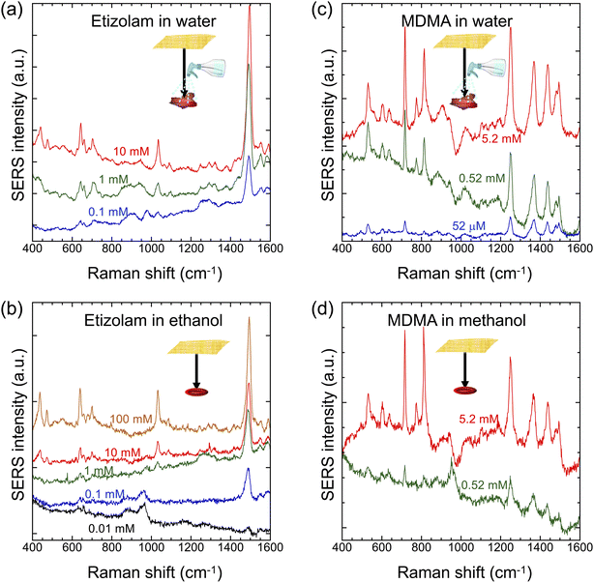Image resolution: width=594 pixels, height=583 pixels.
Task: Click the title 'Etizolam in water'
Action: pyautogui.click(x=154, y=21)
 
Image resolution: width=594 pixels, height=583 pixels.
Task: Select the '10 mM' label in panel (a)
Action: pyautogui.click(x=132, y=152)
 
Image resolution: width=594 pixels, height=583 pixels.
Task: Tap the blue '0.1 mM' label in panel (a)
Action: pyautogui.click(x=108, y=212)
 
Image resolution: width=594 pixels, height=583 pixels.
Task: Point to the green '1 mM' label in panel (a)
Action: pyautogui.click(x=113, y=179)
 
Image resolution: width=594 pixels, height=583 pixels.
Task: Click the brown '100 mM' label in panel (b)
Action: pyautogui.click(x=131, y=419)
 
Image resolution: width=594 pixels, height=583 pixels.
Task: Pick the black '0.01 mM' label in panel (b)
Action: pyautogui.click(x=111, y=528)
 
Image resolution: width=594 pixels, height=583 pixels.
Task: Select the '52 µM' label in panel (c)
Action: pyautogui.click(x=468, y=226)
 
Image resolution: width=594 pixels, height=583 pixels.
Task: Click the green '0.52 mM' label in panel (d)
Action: pyautogui.click(x=484, y=484)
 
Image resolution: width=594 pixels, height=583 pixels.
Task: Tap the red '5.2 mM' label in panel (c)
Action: pyautogui.click(x=501, y=138)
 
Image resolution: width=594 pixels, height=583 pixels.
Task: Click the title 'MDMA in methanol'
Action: pyautogui.click(x=457, y=321)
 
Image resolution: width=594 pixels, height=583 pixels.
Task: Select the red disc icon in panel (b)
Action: pyautogui.click(x=196, y=392)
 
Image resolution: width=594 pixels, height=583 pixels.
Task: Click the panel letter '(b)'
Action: pyautogui.click(x=12, y=309)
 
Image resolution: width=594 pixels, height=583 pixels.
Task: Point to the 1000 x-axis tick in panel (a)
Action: pyautogui.click(x=151, y=248)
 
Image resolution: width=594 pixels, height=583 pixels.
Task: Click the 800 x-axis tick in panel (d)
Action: pyautogui.click(x=421, y=547)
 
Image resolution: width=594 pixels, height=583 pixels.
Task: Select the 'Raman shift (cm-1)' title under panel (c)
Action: pyautogui.click(x=464, y=274)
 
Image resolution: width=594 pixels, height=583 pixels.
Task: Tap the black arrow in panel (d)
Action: pyautogui.click(x=465, y=369)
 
